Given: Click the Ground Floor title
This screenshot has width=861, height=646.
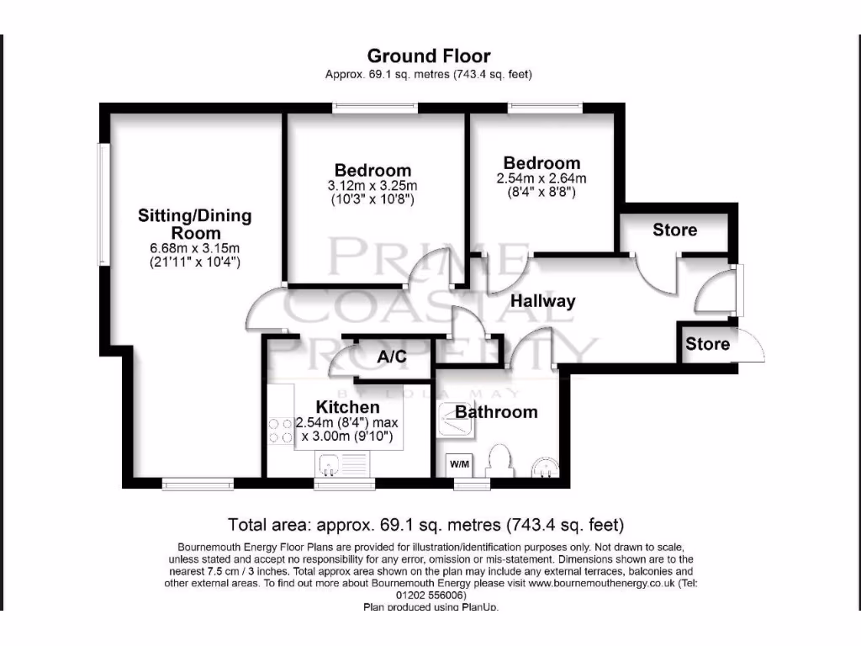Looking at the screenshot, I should [x=429, y=56].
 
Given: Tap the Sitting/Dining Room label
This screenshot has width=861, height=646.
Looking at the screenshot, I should [x=195, y=224].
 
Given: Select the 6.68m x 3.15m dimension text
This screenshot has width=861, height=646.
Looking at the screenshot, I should [x=195, y=248].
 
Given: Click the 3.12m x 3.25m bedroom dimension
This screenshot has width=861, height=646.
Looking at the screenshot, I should [x=372, y=186].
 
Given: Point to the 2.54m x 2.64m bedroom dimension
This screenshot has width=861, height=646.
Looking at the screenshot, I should [x=541, y=178].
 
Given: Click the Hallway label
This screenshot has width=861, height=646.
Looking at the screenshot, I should [x=543, y=301].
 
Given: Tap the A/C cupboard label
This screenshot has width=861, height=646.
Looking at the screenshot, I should [x=392, y=357].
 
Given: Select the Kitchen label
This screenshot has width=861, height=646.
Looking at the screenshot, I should [x=347, y=407].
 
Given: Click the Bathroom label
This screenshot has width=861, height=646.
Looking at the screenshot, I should [x=496, y=411].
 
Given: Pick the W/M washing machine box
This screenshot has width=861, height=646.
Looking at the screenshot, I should [x=459, y=464].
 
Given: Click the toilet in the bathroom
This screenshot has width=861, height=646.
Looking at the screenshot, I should [x=500, y=461].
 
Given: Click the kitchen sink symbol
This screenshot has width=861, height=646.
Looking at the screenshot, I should [x=337, y=462].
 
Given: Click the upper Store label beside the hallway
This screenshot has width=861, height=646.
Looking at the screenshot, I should [x=674, y=230].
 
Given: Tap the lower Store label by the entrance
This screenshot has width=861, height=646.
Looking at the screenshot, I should [x=707, y=344].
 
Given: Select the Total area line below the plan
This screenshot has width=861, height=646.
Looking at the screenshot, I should [x=426, y=525].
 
